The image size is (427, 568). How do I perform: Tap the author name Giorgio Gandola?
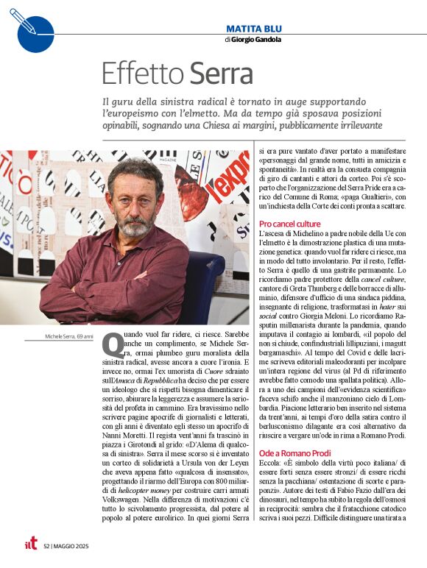coord(256,40)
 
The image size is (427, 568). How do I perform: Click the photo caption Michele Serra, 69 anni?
coord(69,338)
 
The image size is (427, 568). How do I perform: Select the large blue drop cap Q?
coord(112,345)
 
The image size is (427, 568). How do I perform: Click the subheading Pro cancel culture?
coord(289,223)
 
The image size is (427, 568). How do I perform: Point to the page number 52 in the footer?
coord(46,546)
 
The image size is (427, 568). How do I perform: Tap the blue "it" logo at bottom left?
coord(31,544)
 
